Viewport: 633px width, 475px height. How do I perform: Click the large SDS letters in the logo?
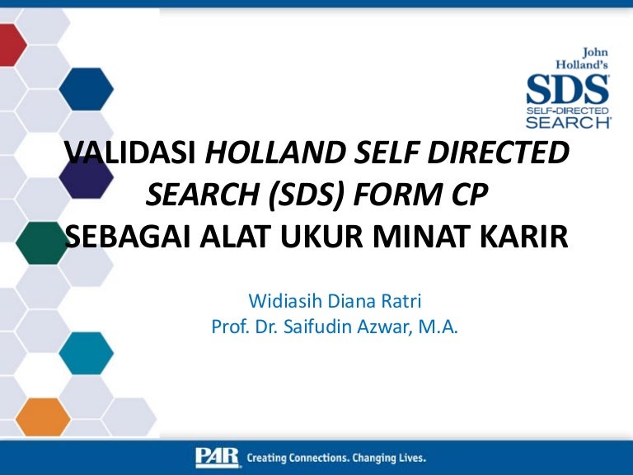(x=568, y=88)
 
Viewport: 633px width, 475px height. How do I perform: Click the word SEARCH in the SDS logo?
(x=568, y=121)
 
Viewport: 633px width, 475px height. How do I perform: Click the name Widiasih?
(x=285, y=299)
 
